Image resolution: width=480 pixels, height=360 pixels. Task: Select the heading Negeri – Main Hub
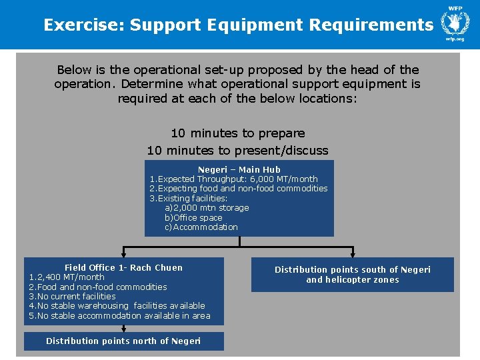point(239,169)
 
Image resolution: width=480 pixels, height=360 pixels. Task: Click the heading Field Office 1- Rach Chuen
point(123,267)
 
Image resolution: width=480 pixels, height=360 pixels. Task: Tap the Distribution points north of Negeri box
point(123,341)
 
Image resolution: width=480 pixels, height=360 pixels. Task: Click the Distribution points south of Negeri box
point(353,275)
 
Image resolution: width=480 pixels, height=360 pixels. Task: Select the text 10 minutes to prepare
point(238,133)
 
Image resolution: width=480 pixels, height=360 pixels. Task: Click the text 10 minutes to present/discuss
point(238,150)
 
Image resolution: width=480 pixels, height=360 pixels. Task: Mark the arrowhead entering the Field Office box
point(123,254)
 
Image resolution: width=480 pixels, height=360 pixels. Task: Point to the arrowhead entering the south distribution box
point(353,254)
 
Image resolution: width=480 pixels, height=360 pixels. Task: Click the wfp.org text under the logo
point(455,39)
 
